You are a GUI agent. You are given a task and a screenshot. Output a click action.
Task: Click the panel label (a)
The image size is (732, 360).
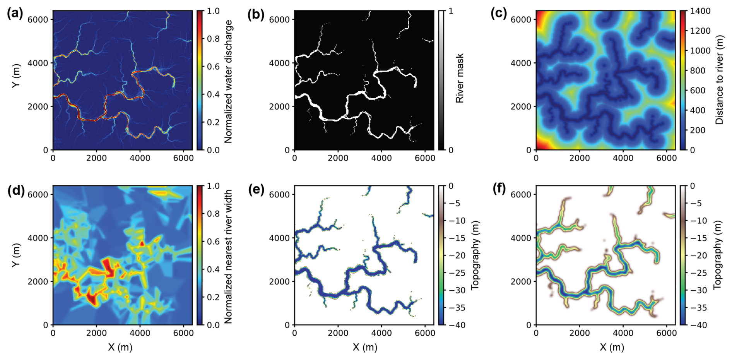(x=15, y=14)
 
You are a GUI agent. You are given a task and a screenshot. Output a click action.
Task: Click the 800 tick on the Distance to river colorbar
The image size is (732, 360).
(x=697, y=70)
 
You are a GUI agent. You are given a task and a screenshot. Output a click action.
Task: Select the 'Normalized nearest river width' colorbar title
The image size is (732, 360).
(x=228, y=256)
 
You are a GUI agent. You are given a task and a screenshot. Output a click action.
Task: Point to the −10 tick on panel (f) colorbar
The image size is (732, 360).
(x=699, y=221)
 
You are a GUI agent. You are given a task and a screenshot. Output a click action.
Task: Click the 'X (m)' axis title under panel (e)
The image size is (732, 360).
(x=364, y=347)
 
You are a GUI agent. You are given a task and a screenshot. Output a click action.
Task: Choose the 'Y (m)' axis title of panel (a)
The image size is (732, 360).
(x=16, y=75)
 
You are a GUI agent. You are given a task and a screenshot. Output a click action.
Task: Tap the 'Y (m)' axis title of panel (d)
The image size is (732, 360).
(x=16, y=255)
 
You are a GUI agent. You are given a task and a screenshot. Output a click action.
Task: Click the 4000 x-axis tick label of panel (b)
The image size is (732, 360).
(x=381, y=158)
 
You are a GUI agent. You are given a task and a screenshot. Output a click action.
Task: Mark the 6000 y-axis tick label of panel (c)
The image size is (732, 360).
(x=519, y=19)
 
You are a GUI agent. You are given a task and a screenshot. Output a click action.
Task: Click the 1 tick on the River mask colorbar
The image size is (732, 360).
(x=451, y=11)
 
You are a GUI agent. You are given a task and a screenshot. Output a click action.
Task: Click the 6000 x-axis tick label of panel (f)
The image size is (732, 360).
(x=666, y=333)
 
